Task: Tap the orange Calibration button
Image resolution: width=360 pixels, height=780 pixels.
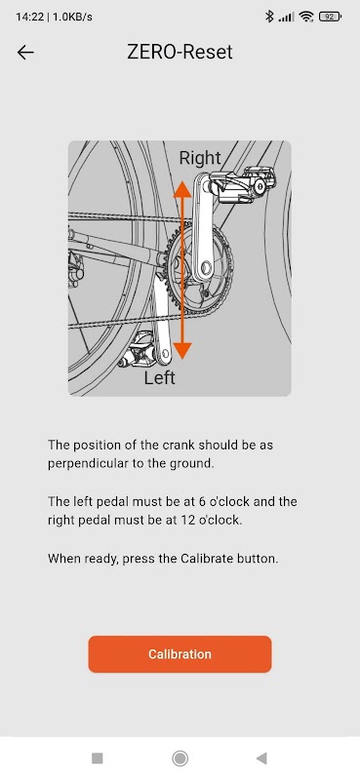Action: pos(180,653)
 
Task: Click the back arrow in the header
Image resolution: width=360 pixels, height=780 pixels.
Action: pos(25,53)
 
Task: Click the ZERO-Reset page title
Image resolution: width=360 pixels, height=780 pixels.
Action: pos(180,52)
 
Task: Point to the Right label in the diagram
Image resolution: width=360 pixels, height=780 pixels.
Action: pos(200,158)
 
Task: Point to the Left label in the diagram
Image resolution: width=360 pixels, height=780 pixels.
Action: pos(159,377)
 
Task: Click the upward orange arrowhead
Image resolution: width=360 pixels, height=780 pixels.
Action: pos(182,190)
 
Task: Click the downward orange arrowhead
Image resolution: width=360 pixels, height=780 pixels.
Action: pos(182,350)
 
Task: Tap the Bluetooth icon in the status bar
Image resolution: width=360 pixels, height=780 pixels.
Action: pos(269,17)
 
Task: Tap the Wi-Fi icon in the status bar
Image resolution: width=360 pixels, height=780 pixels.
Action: pos(305,17)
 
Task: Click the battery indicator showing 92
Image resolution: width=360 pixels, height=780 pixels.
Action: pos(330,17)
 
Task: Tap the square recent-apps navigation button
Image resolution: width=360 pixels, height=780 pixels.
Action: pos(98,759)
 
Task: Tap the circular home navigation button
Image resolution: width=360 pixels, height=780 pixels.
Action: pos(180,759)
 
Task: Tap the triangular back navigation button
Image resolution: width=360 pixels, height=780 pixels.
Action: pos(261,759)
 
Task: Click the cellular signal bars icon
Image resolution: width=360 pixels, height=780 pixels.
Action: pos(286,17)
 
